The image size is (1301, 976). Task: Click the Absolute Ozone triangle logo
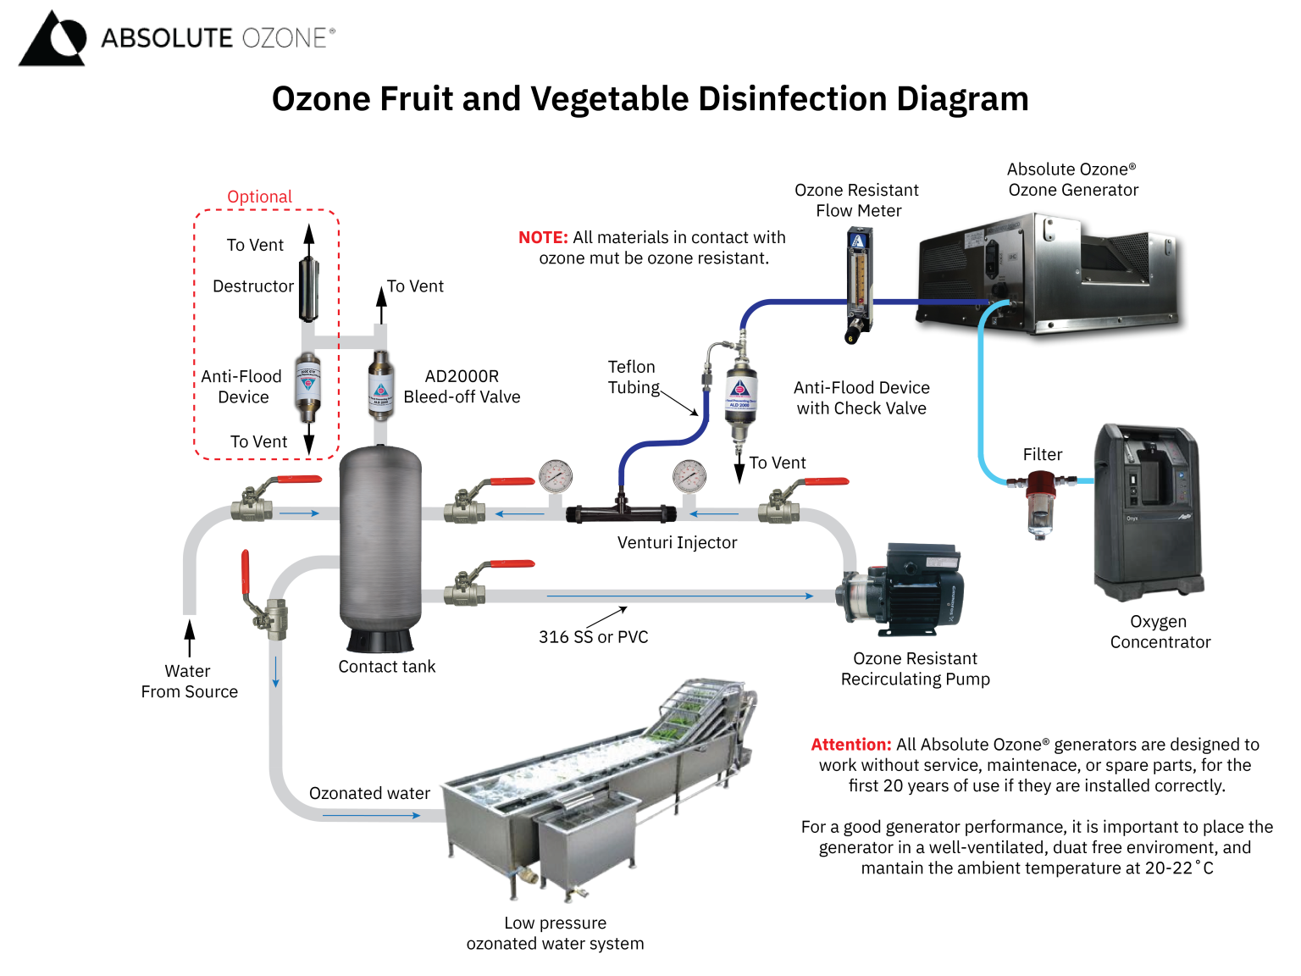[x=53, y=39]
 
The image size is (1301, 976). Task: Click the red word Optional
[x=259, y=197]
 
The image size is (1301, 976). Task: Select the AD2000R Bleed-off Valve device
[x=380, y=386]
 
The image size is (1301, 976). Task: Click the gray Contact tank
[x=380, y=542]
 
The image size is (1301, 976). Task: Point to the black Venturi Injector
[x=621, y=512]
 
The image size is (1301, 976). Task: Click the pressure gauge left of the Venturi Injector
[x=556, y=477]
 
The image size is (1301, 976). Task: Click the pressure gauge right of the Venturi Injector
[x=689, y=477]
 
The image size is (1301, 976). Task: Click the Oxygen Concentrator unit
[x=1149, y=513]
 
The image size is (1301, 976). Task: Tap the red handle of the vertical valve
[x=246, y=573]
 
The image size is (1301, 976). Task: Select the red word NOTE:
[x=543, y=237]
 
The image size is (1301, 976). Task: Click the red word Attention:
[x=850, y=745]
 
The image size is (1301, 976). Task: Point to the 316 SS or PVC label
[x=593, y=637]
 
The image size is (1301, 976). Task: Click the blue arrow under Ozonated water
[x=371, y=815]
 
